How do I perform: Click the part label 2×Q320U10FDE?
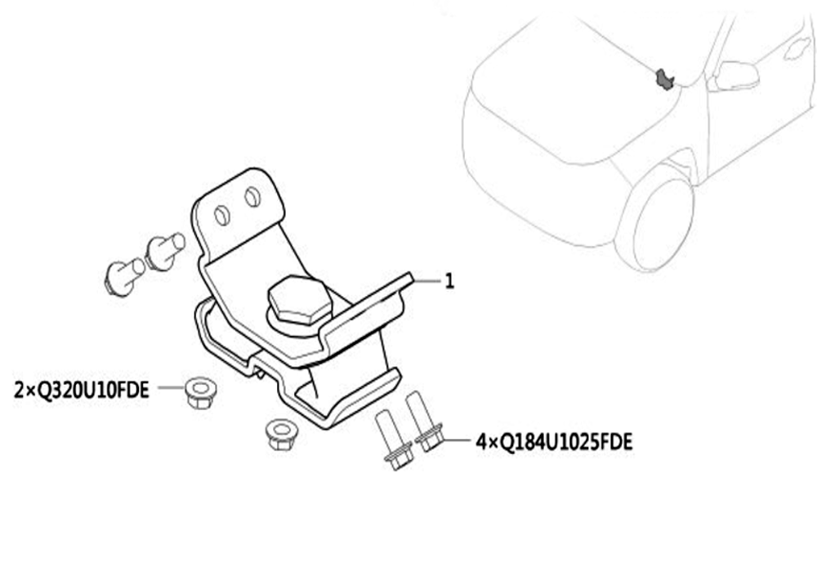coord(81,390)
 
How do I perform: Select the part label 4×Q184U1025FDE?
coord(554,442)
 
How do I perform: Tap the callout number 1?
coord(449,281)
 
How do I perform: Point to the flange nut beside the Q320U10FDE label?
coord(201,392)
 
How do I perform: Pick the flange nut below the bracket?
coord(281,435)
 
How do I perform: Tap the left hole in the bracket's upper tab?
coord(222,215)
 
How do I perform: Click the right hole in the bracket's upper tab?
coord(252,197)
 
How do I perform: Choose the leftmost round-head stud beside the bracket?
coord(124,276)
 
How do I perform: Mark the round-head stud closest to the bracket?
coord(163,251)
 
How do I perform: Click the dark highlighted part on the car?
coord(664,78)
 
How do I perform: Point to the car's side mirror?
coord(736,75)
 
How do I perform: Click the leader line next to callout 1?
coord(427,281)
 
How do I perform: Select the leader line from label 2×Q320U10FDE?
coord(172,387)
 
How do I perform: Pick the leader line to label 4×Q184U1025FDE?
coord(456,440)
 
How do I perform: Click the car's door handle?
coord(797,47)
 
